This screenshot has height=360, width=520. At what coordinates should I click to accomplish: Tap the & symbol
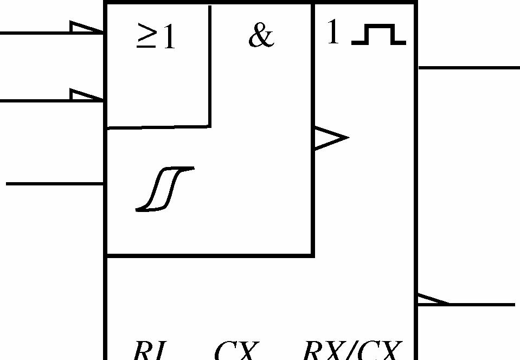(261, 37)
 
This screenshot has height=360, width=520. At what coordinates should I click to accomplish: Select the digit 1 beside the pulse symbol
(333, 34)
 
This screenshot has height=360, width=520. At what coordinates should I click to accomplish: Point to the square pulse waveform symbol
(378, 35)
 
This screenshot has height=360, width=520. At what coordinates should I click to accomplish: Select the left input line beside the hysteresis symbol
(54, 184)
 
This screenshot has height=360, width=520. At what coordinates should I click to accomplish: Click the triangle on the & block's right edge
(329, 138)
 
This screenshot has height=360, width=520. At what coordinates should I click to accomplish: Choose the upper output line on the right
(469, 68)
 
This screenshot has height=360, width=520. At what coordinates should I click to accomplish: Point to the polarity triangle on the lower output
(431, 300)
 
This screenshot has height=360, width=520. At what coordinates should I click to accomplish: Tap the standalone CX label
(234, 351)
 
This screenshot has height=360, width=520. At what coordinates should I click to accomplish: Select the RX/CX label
(352, 351)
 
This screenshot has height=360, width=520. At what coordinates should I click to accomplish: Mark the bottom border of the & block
(209, 254)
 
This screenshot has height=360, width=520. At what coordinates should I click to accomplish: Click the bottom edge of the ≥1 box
(158, 127)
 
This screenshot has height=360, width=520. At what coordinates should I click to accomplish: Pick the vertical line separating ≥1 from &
(210, 65)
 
